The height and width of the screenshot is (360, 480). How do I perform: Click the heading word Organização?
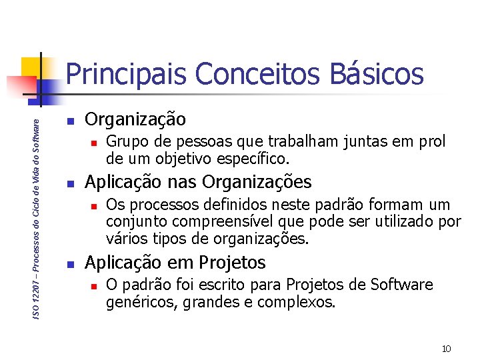[136, 120]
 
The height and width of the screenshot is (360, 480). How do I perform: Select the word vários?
[123, 238]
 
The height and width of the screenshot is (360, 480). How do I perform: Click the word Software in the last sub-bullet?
[402, 285]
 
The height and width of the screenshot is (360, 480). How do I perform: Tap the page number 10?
[447, 349]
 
